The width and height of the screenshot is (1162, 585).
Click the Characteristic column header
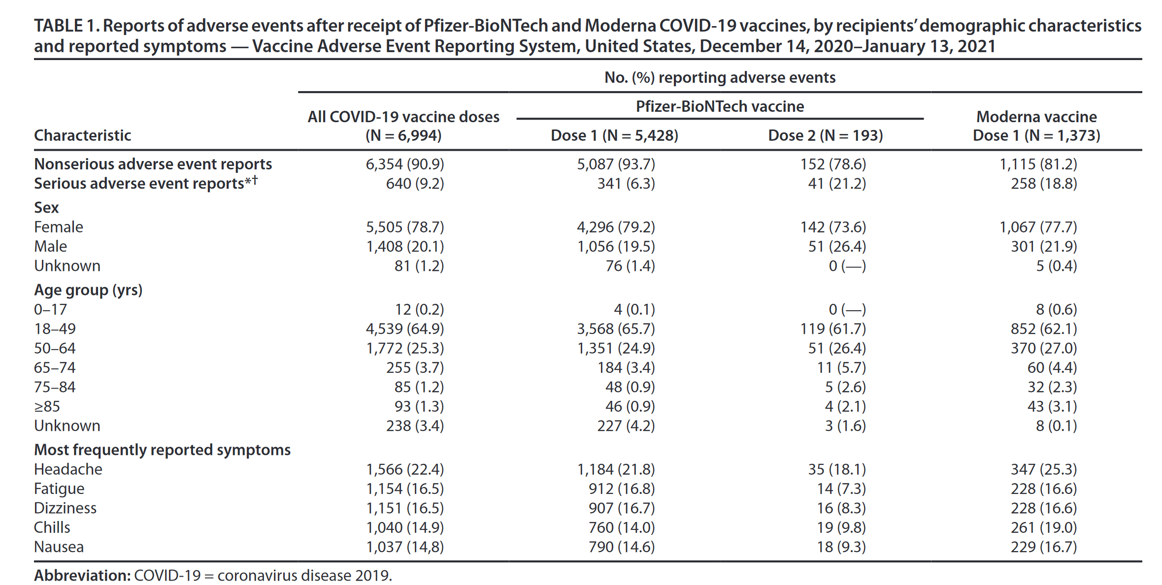coord(82,135)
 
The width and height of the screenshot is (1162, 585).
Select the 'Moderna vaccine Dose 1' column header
coord(1036,126)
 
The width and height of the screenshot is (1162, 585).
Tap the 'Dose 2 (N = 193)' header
coord(825,135)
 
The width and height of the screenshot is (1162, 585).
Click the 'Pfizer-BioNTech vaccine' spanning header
coord(719,106)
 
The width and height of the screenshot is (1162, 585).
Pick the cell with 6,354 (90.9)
coord(404,164)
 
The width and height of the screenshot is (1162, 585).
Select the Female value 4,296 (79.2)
coord(616,227)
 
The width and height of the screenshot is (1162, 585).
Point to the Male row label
coord(50,246)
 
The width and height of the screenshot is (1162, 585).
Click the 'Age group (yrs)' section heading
coord(88,290)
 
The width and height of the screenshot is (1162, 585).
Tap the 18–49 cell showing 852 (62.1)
coord(1043,329)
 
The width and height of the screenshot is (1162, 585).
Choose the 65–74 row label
coord(55,368)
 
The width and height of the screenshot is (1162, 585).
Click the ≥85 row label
coord(47,407)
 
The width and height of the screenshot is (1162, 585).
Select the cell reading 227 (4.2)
coord(626,426)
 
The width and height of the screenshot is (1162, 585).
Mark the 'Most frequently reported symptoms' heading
coord(162,450)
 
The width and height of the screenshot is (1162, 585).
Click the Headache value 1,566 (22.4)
coord(404,470)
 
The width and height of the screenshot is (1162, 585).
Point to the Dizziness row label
coord(65,508)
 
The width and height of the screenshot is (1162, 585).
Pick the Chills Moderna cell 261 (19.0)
coord(1043,528)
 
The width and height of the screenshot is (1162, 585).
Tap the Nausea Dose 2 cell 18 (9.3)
coord(841,547)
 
